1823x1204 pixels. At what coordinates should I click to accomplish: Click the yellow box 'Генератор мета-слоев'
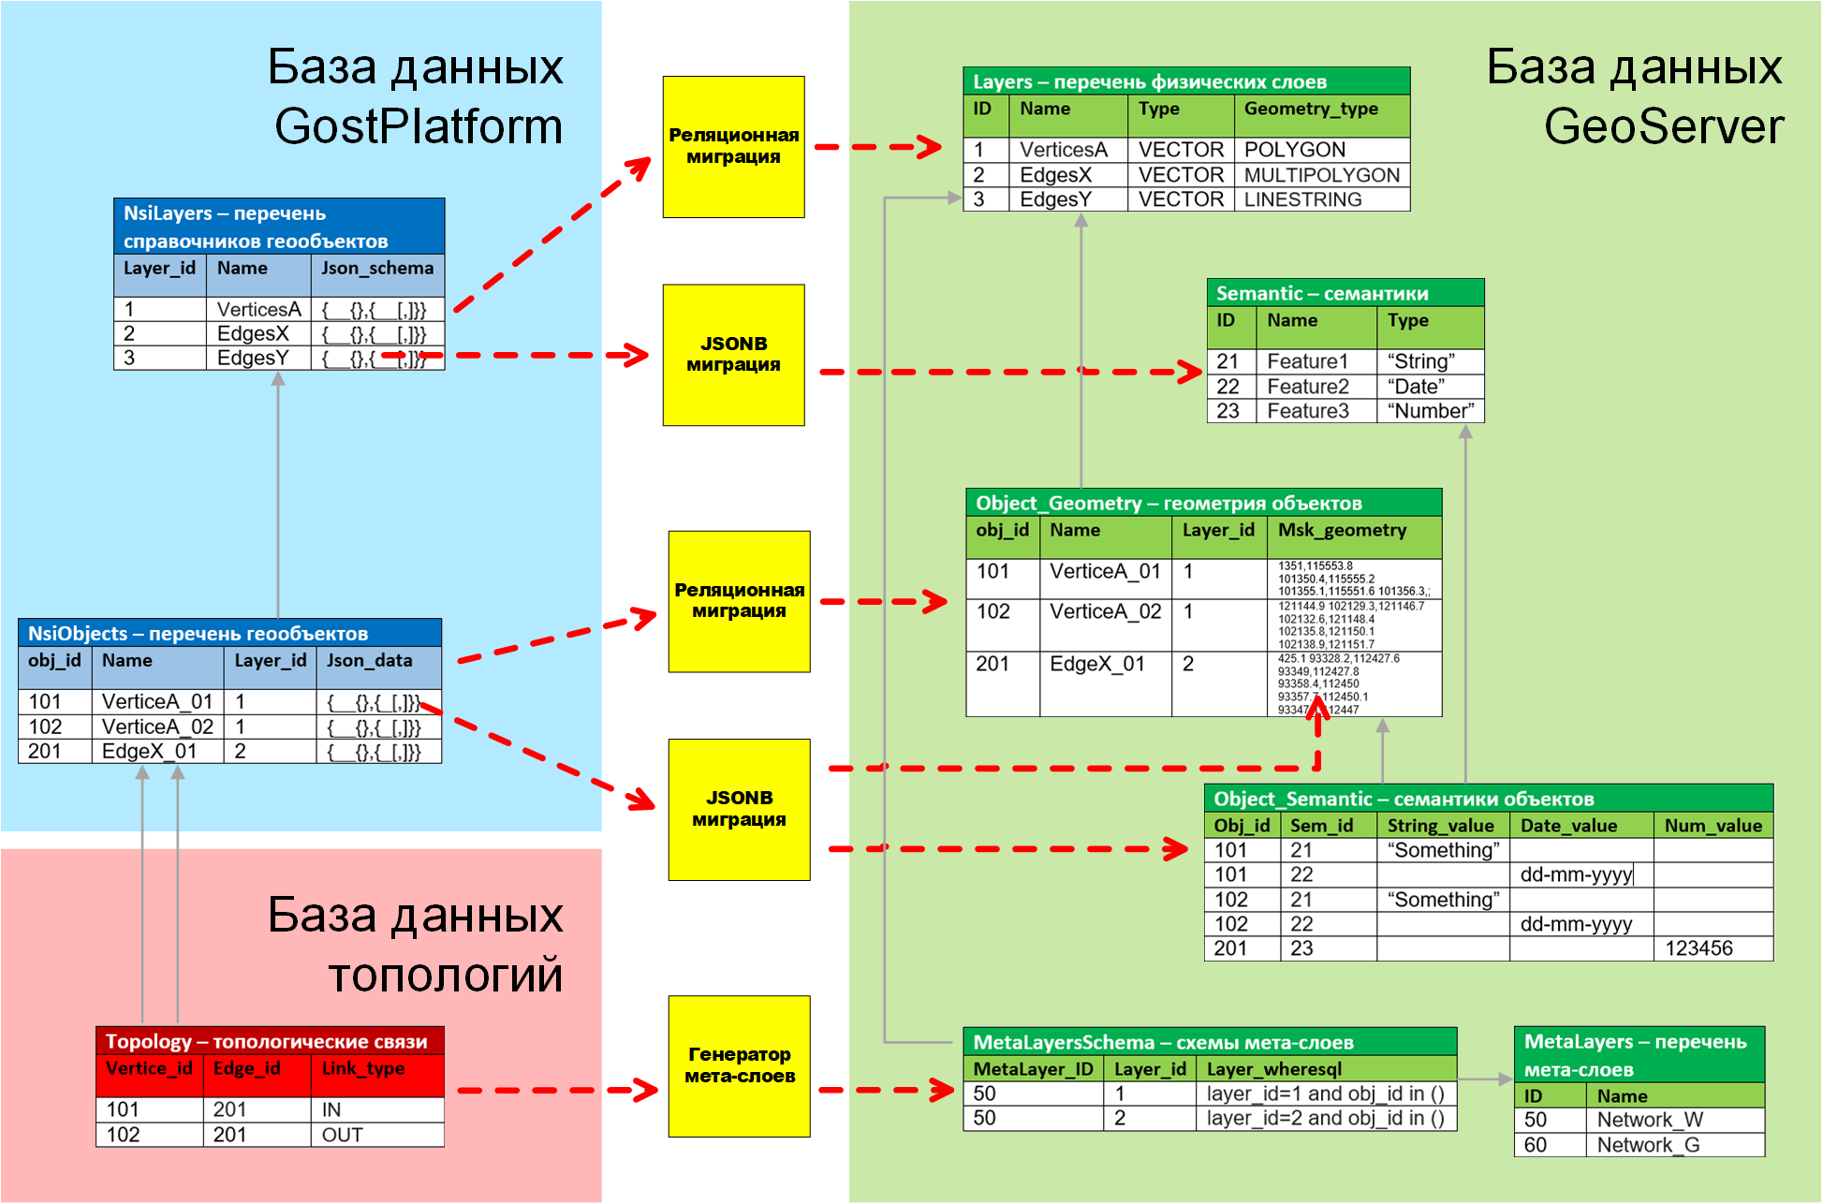(x=739, y=1065)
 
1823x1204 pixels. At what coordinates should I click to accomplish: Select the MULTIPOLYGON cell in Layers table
(x=1321, y=175)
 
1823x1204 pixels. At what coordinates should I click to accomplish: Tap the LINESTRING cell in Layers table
(x=1302, y=199)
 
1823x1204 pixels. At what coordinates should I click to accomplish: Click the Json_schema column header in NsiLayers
(x=377, y=269)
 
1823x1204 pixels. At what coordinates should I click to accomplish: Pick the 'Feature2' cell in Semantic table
(x=1308, y=387)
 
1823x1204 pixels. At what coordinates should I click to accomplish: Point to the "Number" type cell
(x=1430, y=411)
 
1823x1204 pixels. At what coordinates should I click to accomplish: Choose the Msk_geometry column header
(x=1342, y=531)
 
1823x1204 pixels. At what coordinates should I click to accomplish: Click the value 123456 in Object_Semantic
(x=1698, y=948)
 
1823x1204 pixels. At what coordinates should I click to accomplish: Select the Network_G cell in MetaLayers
(x=1648, y=1145)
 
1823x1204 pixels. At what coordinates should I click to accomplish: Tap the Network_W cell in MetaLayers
(x=1650, y=1120)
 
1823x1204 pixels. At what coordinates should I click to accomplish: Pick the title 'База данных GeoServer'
(x=1635, y=96)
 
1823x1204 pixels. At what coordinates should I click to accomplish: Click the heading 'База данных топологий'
(x=416, y=945)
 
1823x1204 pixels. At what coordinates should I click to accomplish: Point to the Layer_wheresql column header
(x=1273, y=1069)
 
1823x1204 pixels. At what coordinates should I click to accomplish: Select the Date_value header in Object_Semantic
(x=1568, y=826)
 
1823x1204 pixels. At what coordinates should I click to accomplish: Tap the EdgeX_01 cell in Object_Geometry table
(x=1096, y=665)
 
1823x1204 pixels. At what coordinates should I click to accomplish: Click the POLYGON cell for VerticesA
(x=1294, y=150)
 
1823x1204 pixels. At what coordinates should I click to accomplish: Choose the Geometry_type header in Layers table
(x=1310, y=110)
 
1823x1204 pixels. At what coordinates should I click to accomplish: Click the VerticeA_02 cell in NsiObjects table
(x=157, y=727)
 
